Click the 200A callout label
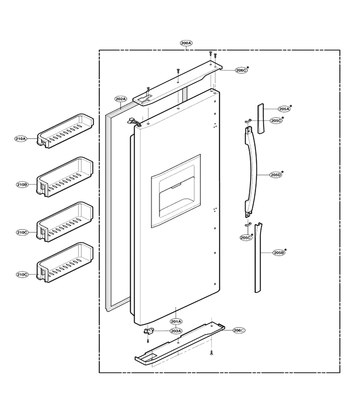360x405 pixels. tap(186, 43)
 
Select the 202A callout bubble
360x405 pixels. tap(121, 99)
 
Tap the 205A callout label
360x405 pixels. tap(284, 109)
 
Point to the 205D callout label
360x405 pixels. tap(276, 175)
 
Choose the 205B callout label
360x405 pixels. tap(279, 253)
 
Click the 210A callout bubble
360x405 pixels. tap(20, 139)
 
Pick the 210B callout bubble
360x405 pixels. tap(22, 184)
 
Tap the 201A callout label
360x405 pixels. tap(176, 322)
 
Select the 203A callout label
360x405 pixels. tap(176, 331)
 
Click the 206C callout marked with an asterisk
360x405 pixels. tap(241, 70)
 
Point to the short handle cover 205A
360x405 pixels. tap(261, 118)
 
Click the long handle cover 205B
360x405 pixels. tap(258, 258)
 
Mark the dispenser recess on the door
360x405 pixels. tap(176, 191)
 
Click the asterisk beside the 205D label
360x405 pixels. tap(283, 172)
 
